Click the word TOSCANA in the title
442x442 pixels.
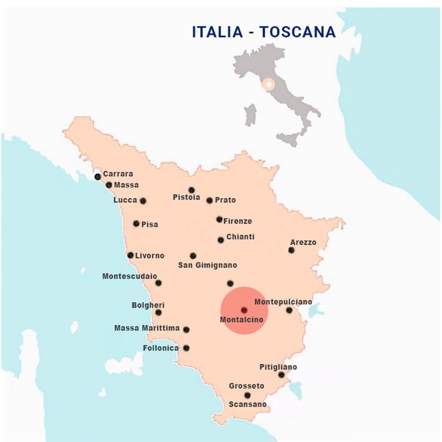coord(298,31)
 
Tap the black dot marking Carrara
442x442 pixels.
coord(98,177)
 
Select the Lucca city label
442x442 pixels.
coord(125,200)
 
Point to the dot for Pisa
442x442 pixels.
coord(136,224)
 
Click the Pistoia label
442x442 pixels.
coord(186,197)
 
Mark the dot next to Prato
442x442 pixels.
coord(209,201)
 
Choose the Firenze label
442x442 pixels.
coord(238,221)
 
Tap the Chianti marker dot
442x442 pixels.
coord(220,240)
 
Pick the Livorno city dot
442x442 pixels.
coord(130,255)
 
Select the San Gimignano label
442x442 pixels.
coord(207,265)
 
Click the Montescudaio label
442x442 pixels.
coord(130,276)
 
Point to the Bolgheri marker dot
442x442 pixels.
coord(159,312)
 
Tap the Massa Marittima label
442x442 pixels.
coord(147,328)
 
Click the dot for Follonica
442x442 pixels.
coord(186,348)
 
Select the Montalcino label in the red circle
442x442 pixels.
coord(241,320)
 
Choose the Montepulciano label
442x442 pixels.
coord(283,302)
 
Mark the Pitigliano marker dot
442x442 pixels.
coord(281,375)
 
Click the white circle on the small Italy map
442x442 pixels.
coord(269,85)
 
